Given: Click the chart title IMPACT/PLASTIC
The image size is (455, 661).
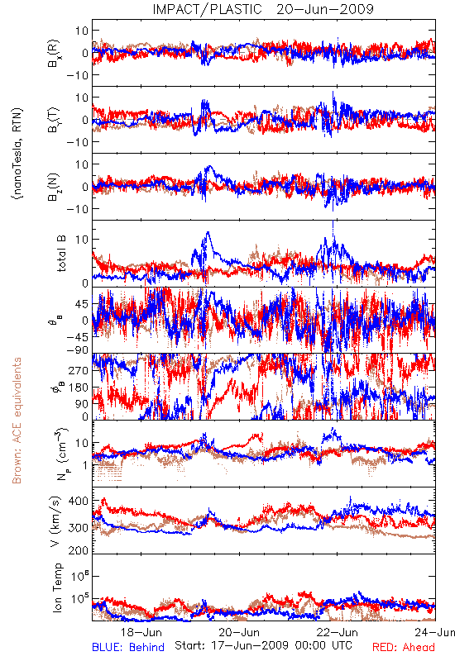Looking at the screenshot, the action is [208, 9].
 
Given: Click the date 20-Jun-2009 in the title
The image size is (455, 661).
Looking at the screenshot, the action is [325, 9].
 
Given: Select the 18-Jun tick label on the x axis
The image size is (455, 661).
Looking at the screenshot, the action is [141, 632].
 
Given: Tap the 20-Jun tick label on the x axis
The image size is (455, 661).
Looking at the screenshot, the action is [239, 632].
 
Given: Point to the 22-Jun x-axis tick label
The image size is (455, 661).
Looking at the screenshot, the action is [338, 632].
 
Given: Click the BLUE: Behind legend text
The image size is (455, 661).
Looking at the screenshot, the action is [128, 647].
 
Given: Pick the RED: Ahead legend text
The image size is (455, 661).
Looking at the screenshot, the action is [404, 647].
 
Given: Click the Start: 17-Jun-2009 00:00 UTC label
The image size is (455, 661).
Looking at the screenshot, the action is [264, 645].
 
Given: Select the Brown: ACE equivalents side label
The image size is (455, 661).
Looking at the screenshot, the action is [17, 421].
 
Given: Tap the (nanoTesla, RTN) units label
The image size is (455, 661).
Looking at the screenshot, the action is [17, 153].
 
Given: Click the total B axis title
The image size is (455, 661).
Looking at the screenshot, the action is [61, 254].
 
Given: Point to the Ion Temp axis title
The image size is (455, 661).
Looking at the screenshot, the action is [57, 587].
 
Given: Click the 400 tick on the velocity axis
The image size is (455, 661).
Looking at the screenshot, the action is [79, 501].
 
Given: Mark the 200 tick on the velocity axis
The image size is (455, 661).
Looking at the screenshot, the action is [79, 549].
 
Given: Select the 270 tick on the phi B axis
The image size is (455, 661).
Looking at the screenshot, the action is [79, 370].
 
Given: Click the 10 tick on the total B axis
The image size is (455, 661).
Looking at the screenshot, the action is [82, 240].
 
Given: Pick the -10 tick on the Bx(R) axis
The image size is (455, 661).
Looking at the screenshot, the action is [77, 75].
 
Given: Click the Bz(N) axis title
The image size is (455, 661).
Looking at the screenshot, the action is [54, 187].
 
